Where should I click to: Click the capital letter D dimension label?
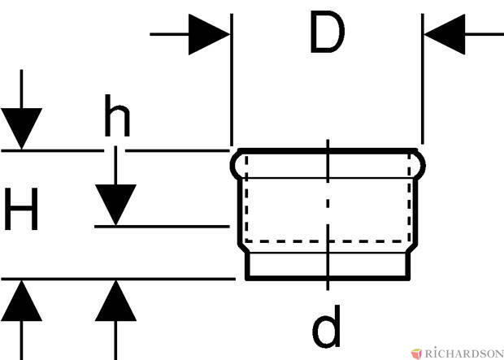328,32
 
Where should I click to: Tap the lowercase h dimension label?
117,115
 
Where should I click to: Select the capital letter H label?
21,209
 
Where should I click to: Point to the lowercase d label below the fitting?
326,326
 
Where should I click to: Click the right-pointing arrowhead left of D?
209,34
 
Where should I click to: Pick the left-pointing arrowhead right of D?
445,34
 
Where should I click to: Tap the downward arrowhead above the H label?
21,128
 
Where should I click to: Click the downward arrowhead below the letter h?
115,205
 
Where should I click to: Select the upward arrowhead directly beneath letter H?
21,301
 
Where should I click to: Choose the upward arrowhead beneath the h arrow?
115,301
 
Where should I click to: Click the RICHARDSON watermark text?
464,353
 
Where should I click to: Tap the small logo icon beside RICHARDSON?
416,353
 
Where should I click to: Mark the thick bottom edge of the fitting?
328,278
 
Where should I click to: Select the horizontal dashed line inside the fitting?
327,241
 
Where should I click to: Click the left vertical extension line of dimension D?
232,80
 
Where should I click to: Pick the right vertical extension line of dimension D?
423,79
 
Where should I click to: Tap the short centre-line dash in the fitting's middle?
328,203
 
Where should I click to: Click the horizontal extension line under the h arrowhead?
162,227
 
